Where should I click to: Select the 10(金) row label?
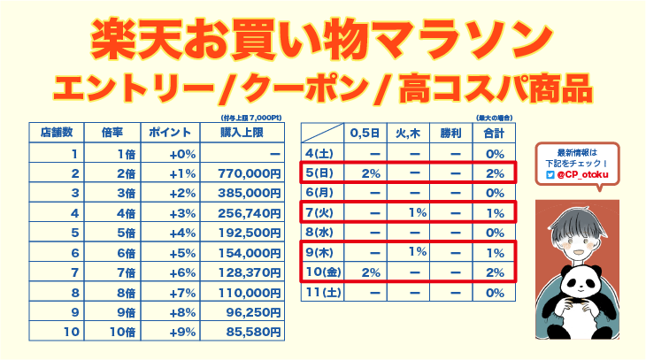[323, 272]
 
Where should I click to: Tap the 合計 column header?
[495, 133]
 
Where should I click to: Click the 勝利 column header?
[450, 133]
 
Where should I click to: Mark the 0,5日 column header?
[365, 133]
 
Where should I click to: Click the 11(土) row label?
[323, 292]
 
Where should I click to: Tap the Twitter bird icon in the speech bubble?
[550, 174]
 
